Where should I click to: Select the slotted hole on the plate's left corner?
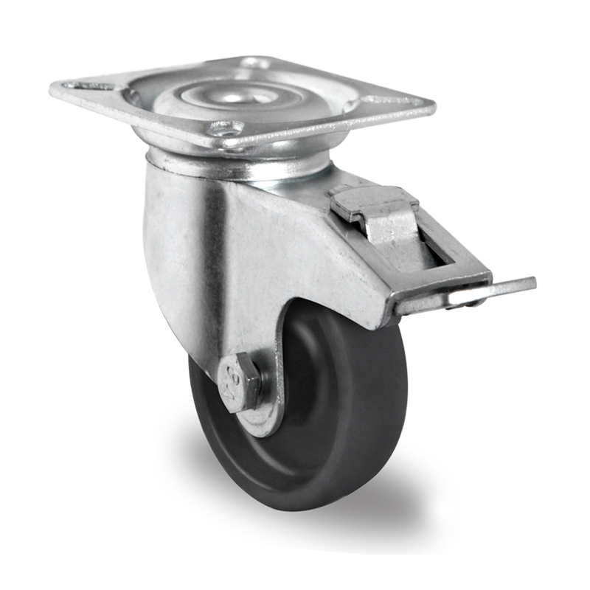point(91,86)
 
